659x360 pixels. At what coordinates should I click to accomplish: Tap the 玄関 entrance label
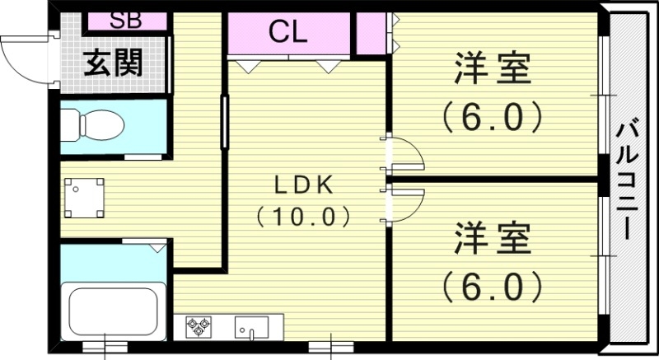click(112, 62)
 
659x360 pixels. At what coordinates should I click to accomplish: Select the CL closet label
click(287, 33)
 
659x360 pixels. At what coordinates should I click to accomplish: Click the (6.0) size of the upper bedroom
click(493, 118)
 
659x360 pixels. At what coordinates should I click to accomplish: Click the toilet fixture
click(93, 125)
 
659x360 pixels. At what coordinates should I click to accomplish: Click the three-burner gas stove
click(199, 326)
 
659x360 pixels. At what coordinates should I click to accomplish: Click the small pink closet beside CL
click(371, 34)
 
